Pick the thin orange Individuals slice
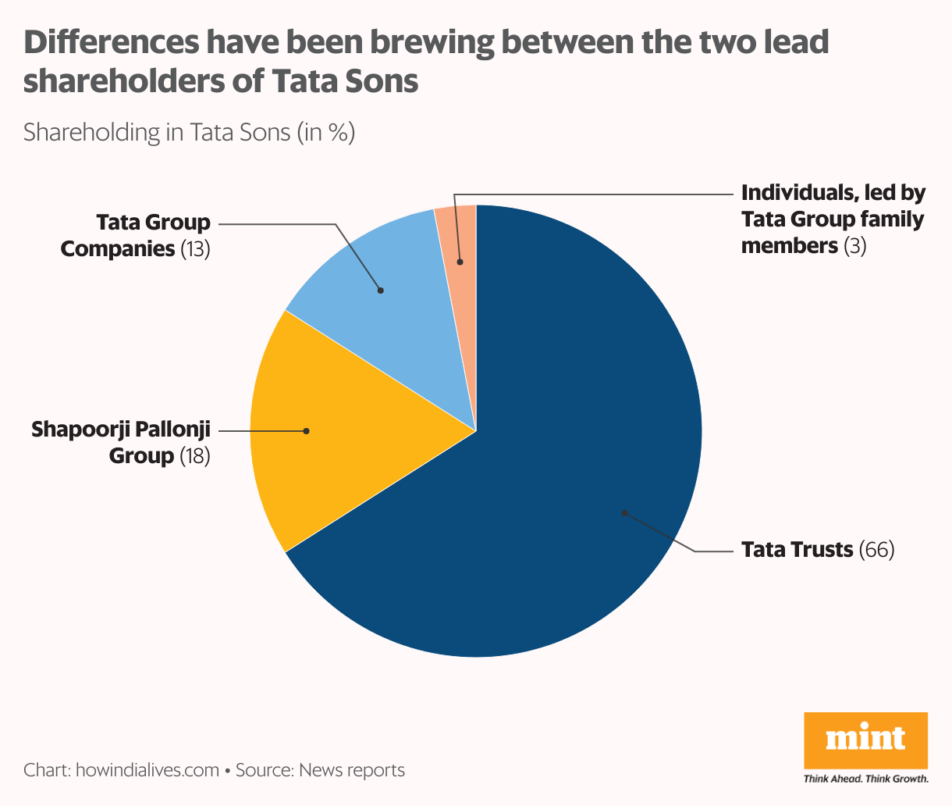tap(460, 234)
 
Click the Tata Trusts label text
tap(797, 550)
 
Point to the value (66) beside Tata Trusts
tap(876, 550)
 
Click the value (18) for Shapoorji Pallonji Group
tap(195, 456)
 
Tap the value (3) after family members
tap(855, 246)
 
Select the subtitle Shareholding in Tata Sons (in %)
tap(189, 132)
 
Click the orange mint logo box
tap(865, 740)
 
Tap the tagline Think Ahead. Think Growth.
tap(865, 779)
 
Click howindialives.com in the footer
tap(147, 770)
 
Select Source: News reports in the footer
tap(320, 770)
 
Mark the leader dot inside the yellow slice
tap(306, 430)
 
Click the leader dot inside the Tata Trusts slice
tap(623, 512)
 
